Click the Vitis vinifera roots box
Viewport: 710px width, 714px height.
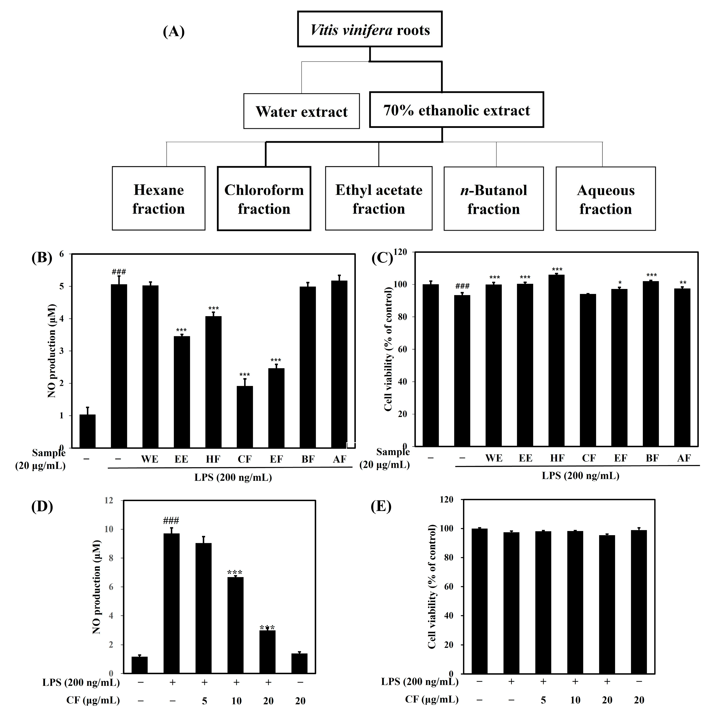point(370,29)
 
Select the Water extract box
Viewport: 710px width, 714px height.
point(301,111)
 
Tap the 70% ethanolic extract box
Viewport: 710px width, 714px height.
point(457,110)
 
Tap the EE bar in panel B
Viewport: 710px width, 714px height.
point(181,392)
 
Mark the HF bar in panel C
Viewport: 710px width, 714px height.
point(557,360)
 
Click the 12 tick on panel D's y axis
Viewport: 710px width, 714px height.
point(109,500)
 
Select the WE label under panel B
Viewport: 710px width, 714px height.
point(150,459)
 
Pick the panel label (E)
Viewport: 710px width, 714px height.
point(381,506)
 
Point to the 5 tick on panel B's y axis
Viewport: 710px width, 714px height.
point(61,286)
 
